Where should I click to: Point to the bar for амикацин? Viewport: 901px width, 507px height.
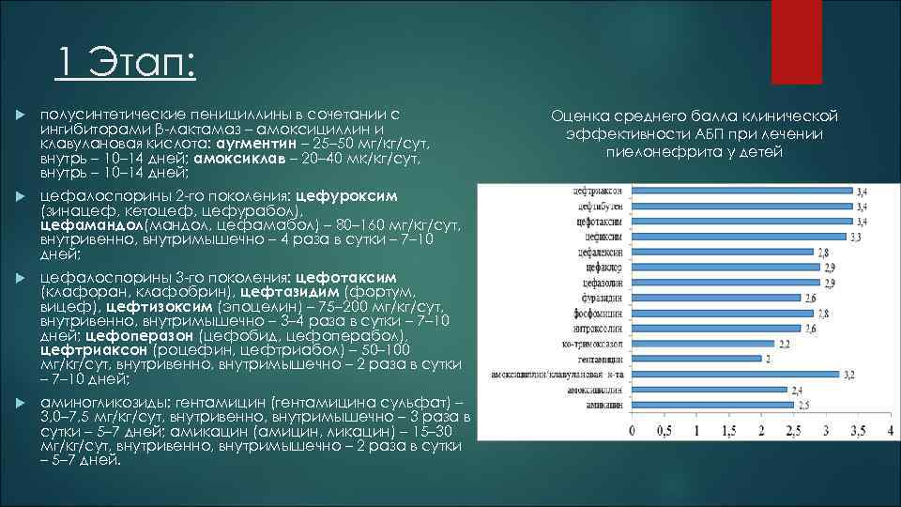[712, 405]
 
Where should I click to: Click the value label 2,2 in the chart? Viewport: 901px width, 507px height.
[784, 344]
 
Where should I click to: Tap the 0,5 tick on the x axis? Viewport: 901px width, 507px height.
[664, 430]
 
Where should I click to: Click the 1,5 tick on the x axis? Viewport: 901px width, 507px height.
[728, 430]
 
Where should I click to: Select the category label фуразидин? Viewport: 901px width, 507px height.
[602, 298]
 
